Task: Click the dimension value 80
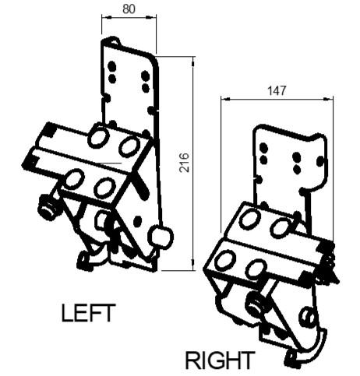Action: coord(129,9)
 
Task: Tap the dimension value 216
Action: coord(185,163)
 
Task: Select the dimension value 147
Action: coord(277,90)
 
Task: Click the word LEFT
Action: coord(88,313)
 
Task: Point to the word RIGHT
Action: coord(220,360)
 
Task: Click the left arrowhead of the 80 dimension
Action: coord(107,17)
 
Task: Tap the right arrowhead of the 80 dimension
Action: coord(151,17)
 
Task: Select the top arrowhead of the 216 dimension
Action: coord(193,61)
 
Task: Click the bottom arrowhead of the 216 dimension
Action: coord(193,265)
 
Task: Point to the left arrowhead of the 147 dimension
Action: coord(226,99)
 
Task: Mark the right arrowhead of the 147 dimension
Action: coord(328,99)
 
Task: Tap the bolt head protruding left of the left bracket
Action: coord(48,209)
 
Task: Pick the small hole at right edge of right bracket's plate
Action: coord(320,161)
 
